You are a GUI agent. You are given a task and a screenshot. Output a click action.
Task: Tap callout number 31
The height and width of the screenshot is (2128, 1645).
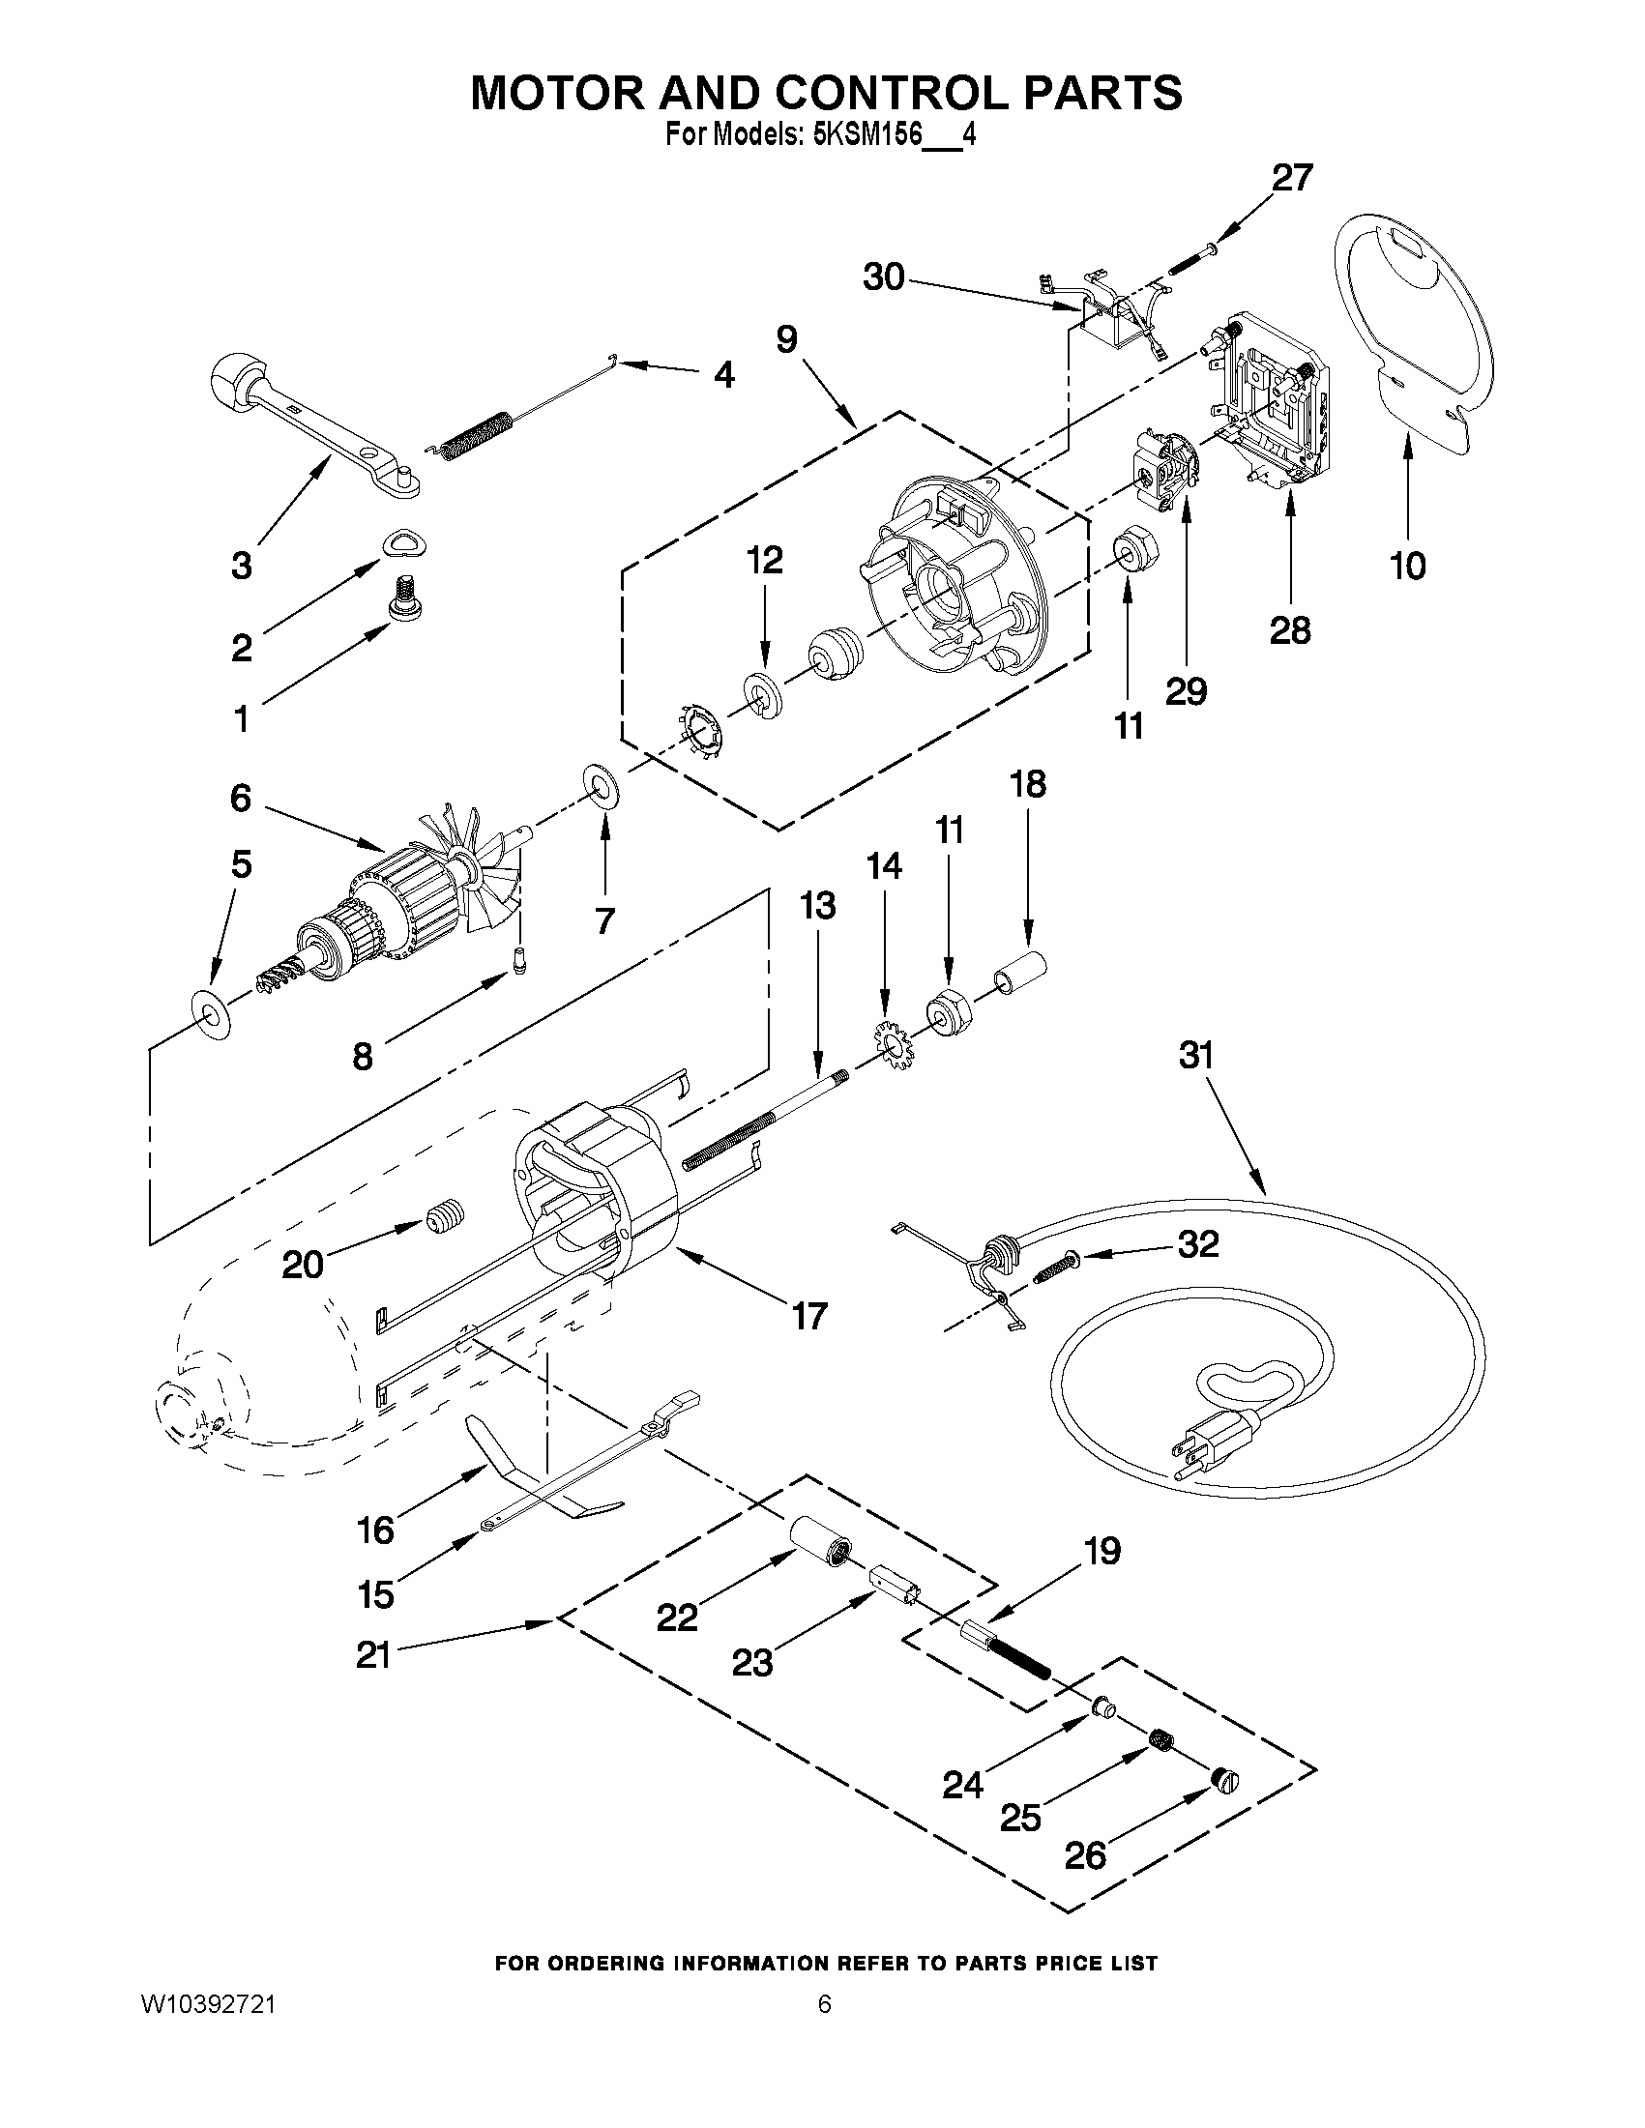tap(1195, 1055)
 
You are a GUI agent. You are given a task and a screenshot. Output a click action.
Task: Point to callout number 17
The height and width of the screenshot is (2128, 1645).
tap(809, 1316)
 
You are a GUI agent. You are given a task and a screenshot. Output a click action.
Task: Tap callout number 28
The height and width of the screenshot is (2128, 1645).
tap(1289, 630)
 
